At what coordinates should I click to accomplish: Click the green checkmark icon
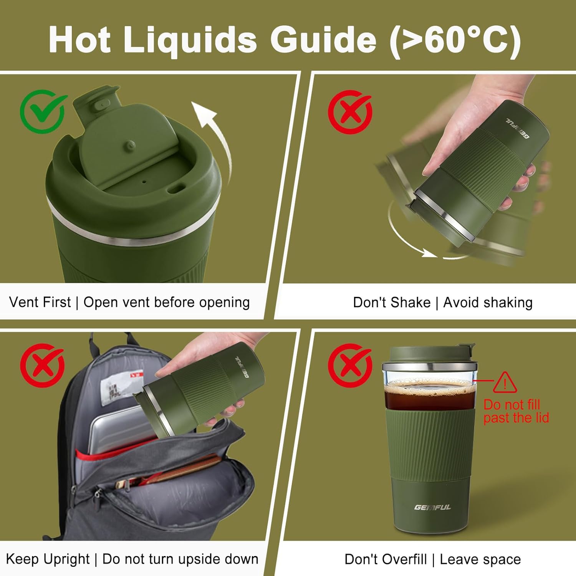pyautogui.click(x=43, y=111)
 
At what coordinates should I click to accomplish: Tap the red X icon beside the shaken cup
pyautogui.click(x=350, y=112)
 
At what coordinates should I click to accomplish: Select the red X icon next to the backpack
pyautogui.click(x=43, y=365)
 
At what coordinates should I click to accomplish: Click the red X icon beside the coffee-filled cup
pyautogui.click(x=350, y=365)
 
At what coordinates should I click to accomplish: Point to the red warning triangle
pyautogui.click(x=505, y=382)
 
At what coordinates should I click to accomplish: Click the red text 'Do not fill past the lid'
pyautogui.click(x=516, y=411)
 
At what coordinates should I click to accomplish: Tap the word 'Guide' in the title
pyautogui.click(x=323, y=40)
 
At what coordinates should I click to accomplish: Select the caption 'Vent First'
pyautogui.click(x=40, y=302)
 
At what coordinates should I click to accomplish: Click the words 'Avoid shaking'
pyautogui.click(x=488, y=303)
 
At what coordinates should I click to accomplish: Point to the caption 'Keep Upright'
pyautogui.click(x=48, y=559)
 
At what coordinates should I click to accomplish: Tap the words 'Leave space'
pyautogui.click(x=480, y=559)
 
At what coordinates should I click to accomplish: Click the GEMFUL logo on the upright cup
pyautogui.click(x=432, y=507)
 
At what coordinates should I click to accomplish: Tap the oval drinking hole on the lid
pyautogui.click(x=176, y=189)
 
